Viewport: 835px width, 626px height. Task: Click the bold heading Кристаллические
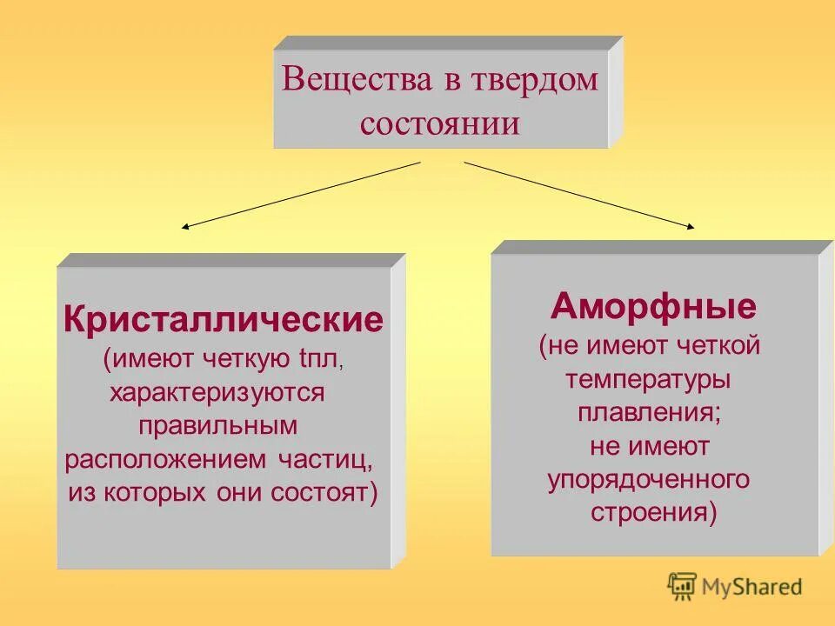pos(223,320)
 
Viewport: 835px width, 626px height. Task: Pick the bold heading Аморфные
pos(653,306)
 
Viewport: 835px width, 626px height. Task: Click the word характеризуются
pos(217,392)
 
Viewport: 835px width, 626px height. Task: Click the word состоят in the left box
pos(334,492)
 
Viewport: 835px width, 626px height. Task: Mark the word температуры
pos(648,379)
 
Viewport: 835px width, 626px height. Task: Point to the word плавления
pos(648,412)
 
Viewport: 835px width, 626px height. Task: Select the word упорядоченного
pos(648,479)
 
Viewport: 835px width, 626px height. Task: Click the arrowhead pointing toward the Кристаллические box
pos(185,227)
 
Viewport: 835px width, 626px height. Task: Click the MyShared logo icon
pos(682,586)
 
